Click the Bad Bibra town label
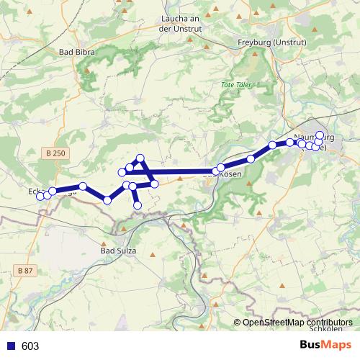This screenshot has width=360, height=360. pos(76,52)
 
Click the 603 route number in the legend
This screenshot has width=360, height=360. pos(30,346)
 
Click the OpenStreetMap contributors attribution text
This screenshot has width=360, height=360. pos(298,323)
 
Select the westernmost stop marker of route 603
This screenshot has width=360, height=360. pos(40,197)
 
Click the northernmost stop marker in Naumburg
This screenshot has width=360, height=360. pos(320,135)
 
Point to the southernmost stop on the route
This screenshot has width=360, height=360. pos(138,207)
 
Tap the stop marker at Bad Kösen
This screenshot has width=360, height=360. pos(221,168)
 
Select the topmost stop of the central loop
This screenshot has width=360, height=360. pos(140,158)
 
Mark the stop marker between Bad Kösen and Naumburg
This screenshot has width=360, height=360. pos(251,158)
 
